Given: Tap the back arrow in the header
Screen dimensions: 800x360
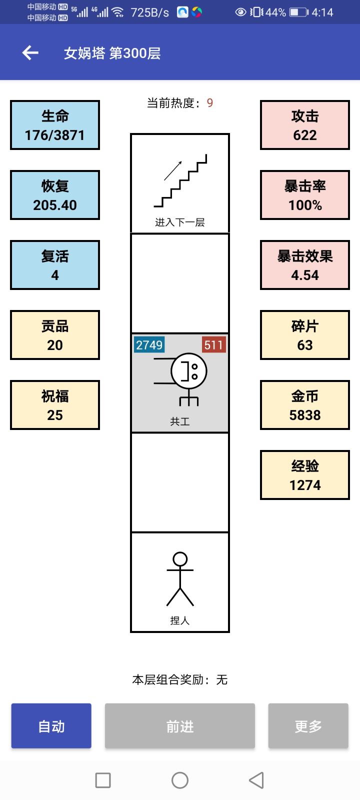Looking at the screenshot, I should point(30,52).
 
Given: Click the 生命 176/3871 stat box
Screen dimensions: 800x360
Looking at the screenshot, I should point(55,125).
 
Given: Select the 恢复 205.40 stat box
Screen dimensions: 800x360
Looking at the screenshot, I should point(55,195).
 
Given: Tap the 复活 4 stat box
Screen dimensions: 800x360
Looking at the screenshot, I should point(55,265).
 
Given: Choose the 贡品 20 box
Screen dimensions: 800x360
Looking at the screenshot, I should point(55,335).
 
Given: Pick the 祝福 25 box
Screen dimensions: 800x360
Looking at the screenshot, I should point(55,405).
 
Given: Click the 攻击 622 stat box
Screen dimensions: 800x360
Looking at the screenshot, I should point(305,125).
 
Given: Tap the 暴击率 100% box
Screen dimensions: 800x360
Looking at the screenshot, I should point(305,195).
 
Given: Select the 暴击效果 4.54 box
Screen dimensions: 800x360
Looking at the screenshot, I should point(305,265).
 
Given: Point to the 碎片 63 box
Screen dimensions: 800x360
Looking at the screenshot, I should point(305,335).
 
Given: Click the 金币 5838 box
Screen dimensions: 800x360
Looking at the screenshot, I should point(305,405).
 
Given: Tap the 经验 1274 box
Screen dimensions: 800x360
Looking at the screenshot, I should point(305,475).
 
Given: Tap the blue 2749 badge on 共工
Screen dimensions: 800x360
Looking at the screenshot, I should point(149,345).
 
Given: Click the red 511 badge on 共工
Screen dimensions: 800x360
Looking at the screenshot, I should point(213,345).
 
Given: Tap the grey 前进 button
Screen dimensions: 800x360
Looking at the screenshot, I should point(180,726).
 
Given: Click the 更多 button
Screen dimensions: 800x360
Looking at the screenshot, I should point(308,726).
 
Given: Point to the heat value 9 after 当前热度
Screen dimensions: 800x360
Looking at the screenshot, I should point(210,103).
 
